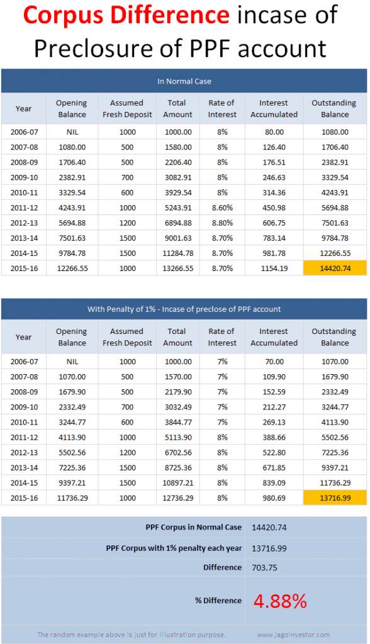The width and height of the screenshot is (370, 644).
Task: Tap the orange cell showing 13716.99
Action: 334,497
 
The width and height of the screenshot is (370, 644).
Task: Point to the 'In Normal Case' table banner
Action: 184,81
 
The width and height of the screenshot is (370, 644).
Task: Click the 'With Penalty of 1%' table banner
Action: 184,309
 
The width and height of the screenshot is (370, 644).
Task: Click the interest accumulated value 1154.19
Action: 274,268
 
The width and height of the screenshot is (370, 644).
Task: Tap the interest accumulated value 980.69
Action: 274,497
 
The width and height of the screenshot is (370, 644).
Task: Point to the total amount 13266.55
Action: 177,268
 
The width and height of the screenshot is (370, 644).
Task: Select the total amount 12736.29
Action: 177,497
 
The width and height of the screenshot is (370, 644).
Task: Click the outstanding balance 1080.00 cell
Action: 334,132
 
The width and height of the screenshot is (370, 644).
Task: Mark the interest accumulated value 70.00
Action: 274,362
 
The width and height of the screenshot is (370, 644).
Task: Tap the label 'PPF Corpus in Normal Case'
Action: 193,527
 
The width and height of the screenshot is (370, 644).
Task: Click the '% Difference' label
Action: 218,601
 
